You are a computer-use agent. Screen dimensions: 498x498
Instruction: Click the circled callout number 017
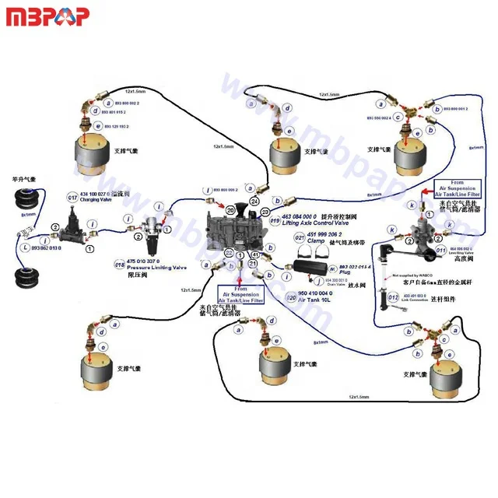point(72,198)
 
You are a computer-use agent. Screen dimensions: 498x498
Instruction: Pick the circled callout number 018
point(120,265)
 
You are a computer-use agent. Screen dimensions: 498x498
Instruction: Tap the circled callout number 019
point(275,221)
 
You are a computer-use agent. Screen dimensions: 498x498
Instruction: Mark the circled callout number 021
point(298,237)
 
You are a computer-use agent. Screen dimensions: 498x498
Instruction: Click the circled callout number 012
point(393,297)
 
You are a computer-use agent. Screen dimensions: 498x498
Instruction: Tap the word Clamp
point(315,241)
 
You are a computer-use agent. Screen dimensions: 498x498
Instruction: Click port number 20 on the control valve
point(230,209)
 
